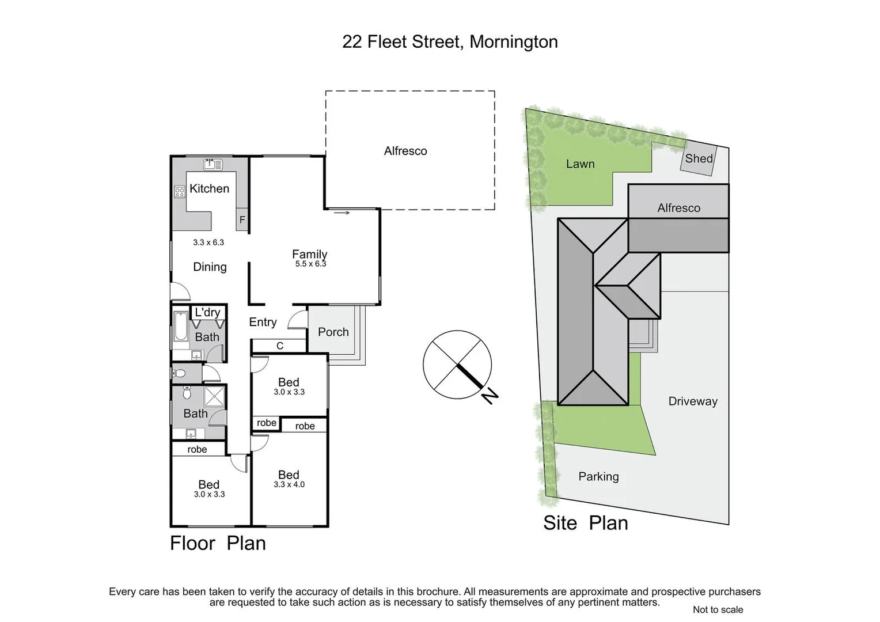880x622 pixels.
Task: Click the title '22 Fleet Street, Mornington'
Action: pyautogui.click(x=450, y=42)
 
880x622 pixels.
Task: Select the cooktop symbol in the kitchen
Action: pyautogui.click(x=180, y=191)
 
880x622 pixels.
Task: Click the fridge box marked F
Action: pyautogui.click(x=242, y=219)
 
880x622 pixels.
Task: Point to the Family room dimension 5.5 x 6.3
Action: pyautogui.click(x=310, y=264)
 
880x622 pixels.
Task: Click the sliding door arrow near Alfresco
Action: pyautogui.click(x=342, y=213)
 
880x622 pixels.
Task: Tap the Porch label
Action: pyautogui.click(x=333, y=332)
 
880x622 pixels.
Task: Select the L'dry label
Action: pyautogui.click(x=207, y=312)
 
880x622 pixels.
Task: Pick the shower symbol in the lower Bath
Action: pyautogui.click(x=215, y=396)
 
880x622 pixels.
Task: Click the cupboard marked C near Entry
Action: pyautogui.click(x=279, y=346)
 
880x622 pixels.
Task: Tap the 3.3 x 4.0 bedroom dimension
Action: pyautogui.click(x=289, y=484)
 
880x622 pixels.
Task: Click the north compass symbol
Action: pyautogui.click(x=458, y=365)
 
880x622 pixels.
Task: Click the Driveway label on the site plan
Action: pyautogui.click(x=693, y=401)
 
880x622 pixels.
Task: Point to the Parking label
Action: pyautogui.click(x=598, y=476)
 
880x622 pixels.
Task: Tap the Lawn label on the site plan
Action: pyautogui.click(x=580, y=164)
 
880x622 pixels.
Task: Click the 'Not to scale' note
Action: pyautogui.click(x=718, y=609)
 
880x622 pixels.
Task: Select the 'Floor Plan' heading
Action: pyautogui.click(x=218, y=543)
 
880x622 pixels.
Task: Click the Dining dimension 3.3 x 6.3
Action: pyautogui.click(x=208, y=242)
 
